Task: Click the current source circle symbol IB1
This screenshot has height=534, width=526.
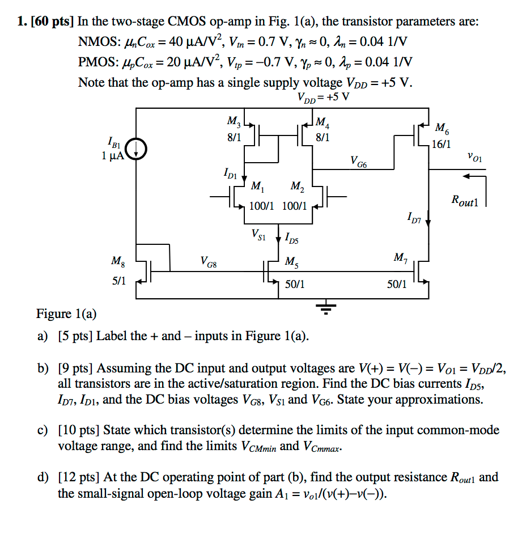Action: (136, 150)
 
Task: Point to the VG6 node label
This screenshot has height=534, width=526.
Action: (359, 163)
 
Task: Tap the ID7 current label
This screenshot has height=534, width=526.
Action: (414, 217)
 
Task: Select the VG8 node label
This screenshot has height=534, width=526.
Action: (208, 261)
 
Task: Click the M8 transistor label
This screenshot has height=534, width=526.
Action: (118, 262)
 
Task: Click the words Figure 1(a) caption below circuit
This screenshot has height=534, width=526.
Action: (66, 313)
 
